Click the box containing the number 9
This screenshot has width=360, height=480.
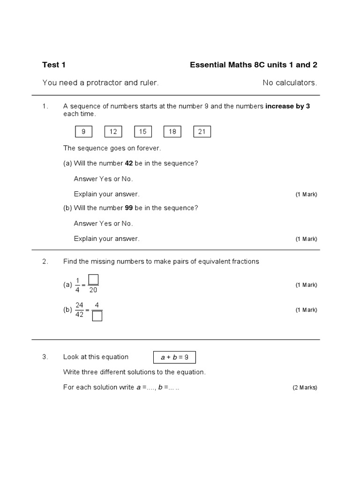(83, 132)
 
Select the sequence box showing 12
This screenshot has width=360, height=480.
(113, 132)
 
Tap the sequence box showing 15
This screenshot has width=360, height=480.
(143, 132)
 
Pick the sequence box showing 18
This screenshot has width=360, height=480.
(172, 132)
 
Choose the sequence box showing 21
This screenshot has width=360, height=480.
(202, 132)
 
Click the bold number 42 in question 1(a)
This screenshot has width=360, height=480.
(129, 163)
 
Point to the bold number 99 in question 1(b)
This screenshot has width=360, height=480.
(129, 208)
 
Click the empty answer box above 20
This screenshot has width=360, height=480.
(93, 280)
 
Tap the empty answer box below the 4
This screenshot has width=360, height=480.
(97, 316)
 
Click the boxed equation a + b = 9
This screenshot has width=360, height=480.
(174, 357)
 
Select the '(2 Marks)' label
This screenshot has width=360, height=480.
(305, 388)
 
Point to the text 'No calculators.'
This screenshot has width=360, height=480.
(290, 83)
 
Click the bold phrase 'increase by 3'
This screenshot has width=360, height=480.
(287, 106)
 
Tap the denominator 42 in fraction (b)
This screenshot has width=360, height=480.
(79, 315)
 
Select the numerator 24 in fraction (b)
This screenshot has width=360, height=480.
(79, 305)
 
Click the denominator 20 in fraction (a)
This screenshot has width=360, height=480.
(93, 290)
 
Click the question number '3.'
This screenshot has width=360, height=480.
(45, 357)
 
